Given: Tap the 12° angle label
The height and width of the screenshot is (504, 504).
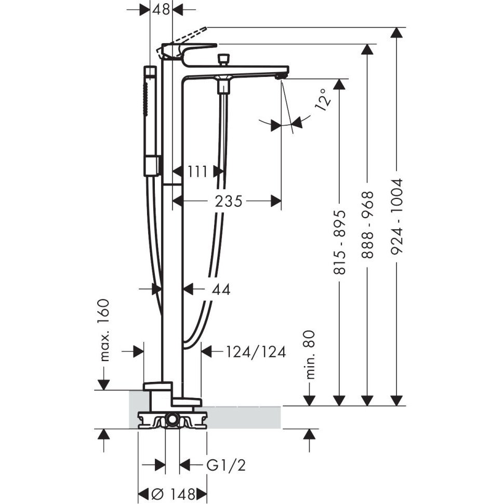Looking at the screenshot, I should (x=323, y=99).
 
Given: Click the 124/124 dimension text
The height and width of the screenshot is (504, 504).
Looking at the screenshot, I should (x=256, y=352).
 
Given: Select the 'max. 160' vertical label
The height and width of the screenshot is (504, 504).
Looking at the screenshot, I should (x=105, y=330).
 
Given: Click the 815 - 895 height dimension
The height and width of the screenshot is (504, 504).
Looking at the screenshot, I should (x=339, y=242).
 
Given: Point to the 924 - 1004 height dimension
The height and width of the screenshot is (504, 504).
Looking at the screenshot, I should (x=397, y=216).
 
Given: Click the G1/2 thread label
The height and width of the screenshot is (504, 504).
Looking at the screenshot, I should (x=226, y=465).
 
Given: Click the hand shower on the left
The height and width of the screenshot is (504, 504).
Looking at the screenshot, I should (x=151, y=120).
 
